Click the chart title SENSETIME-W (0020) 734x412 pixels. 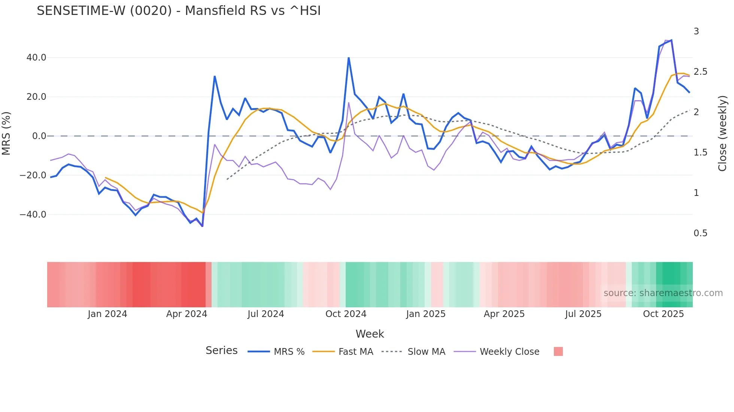(179, 11)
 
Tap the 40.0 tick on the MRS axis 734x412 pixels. (36, 58)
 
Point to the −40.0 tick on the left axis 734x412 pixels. (33, 215)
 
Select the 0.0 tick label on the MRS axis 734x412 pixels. (39, 136)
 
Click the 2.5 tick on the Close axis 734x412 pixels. (700, 72)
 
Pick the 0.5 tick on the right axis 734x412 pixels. (700, 233)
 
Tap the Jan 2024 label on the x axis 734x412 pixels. (107, 314)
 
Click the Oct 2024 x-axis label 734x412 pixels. (346, 314)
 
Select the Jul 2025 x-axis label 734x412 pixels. (583, 314)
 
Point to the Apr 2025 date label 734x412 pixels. (504, 314)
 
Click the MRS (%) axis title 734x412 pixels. (6, 133)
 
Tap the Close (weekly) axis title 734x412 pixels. (722, 133)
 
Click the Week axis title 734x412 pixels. (370, 334)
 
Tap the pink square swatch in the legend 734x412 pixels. (558, 351)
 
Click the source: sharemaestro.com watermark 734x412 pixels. (663, 293)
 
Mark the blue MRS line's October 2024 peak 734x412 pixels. (349, 58)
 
